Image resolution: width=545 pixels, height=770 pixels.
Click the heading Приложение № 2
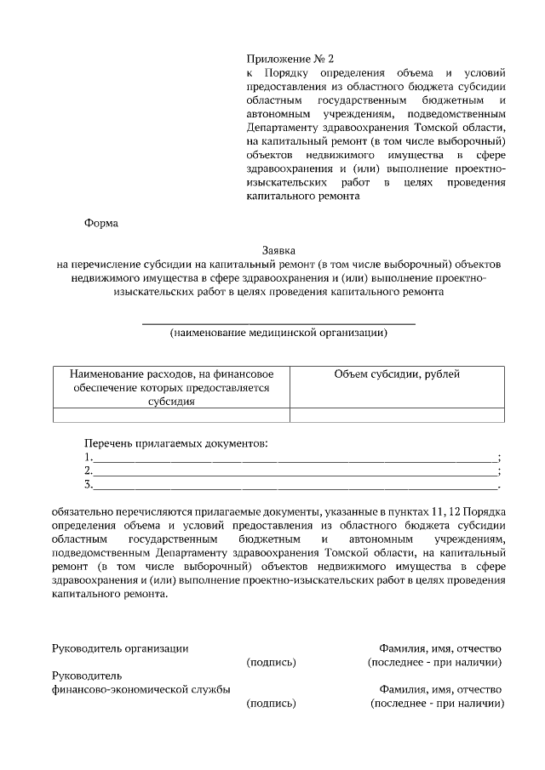pos(290,60)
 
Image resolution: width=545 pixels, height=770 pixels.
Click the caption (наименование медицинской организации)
pos(278,333)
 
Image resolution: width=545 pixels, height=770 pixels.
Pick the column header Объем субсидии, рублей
pos(397,374)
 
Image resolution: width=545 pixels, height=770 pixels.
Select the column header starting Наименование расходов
pos(171,387)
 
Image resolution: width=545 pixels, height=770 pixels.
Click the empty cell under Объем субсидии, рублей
pos(397,415)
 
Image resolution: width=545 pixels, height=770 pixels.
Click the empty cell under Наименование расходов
pos(171,415)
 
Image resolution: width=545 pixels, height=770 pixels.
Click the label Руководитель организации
pos(120,647)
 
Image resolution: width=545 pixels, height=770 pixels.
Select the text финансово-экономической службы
pos(141,689)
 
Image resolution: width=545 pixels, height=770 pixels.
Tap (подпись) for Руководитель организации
pos(271,662)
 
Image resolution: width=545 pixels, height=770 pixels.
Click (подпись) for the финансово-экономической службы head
pos(271,704)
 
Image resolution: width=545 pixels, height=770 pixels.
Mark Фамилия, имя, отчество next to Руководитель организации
pos(440,647)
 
